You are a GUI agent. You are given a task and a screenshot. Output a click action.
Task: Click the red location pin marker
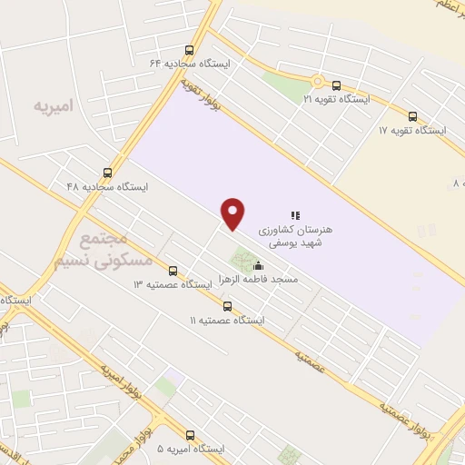pos(233,213)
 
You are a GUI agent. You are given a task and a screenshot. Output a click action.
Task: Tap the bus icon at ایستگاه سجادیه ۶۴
pos(189,51)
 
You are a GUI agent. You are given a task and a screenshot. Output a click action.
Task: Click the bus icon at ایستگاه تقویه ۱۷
pos(413,116)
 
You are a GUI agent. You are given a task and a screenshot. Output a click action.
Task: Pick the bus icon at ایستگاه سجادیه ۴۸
pos(108,173)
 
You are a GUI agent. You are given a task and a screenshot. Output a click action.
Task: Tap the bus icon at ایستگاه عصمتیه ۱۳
pos(173,270)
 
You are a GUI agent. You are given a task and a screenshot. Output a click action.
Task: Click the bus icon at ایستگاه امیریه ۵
pos(190,435)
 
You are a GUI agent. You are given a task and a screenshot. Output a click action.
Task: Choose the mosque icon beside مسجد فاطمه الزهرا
pos(259,267)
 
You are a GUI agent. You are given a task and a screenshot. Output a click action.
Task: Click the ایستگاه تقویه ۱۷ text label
pos(413,130)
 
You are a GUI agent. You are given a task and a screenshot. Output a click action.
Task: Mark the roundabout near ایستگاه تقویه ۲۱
pos(318,81)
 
